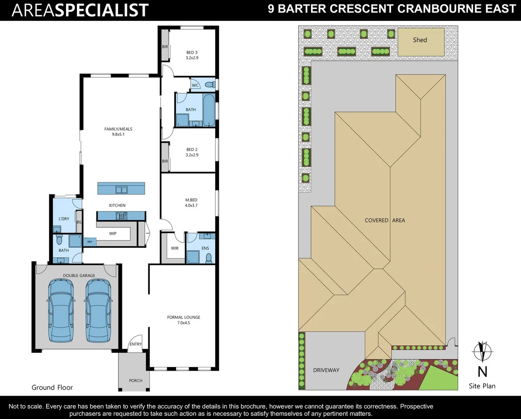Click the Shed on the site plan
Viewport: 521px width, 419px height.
pyautogui.click(x=421, y=42)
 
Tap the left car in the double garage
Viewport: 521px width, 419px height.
pyautogui.click(x=61, y=311)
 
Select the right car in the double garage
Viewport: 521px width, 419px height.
pyautogui.click(x=98, y=311)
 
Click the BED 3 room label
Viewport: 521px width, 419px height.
pyautogui.click(x=192, y=55)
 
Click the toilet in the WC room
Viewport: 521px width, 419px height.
pyautogui.click(x=210, y=85)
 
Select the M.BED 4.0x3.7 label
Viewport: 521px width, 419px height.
pyautogui.click(x=191, y=203)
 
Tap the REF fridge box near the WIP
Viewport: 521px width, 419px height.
pyautogui.click(x=90, y=242)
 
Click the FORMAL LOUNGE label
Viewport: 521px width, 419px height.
pyautogui.click(x=184, y=320)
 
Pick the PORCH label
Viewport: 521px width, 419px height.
pyautogui.click(x=135, y=381)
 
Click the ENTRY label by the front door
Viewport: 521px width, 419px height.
pyautogui.click(x=135, y=344)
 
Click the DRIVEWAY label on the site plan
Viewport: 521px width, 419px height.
pyautogui.click(x=326, y=370)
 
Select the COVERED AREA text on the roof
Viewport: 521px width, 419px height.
pyautogui.click(x=385, y=220)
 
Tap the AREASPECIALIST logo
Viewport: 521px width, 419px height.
pyautogui.click(x=80, y=10)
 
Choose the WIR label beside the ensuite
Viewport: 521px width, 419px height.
pyautogui.click(x=175, y=248)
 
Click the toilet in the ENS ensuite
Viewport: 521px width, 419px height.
pyautogui.click(x=209, y=258)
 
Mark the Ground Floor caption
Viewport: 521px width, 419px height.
pyautogui.click(x=52, y=388)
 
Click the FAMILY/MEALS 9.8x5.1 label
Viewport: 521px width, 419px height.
pyautogui.click(x=118, y=132)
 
